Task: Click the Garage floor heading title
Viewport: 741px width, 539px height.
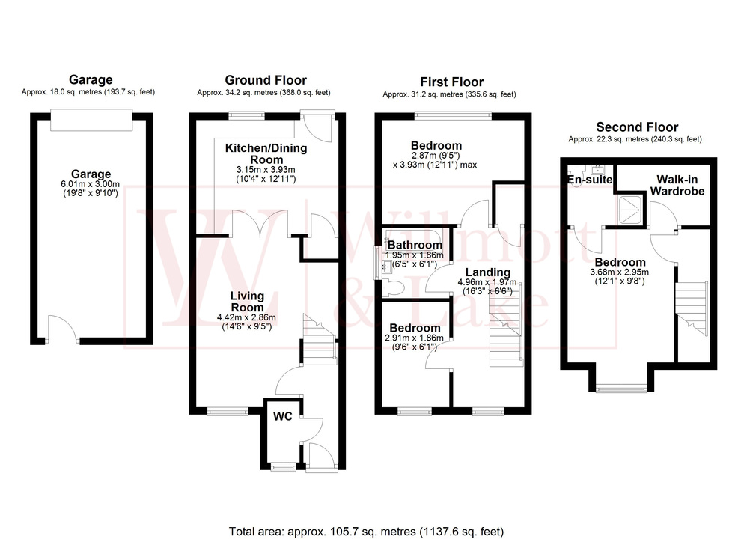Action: coord(91,79)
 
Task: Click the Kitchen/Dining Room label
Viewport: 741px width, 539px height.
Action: coord(266,153)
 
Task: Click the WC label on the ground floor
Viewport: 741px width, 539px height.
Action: coord(283,415)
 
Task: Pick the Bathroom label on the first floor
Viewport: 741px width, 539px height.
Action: coord(415,245)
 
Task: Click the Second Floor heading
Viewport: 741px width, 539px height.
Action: coord(636,127)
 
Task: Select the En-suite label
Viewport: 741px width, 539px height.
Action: coord(590,180)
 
